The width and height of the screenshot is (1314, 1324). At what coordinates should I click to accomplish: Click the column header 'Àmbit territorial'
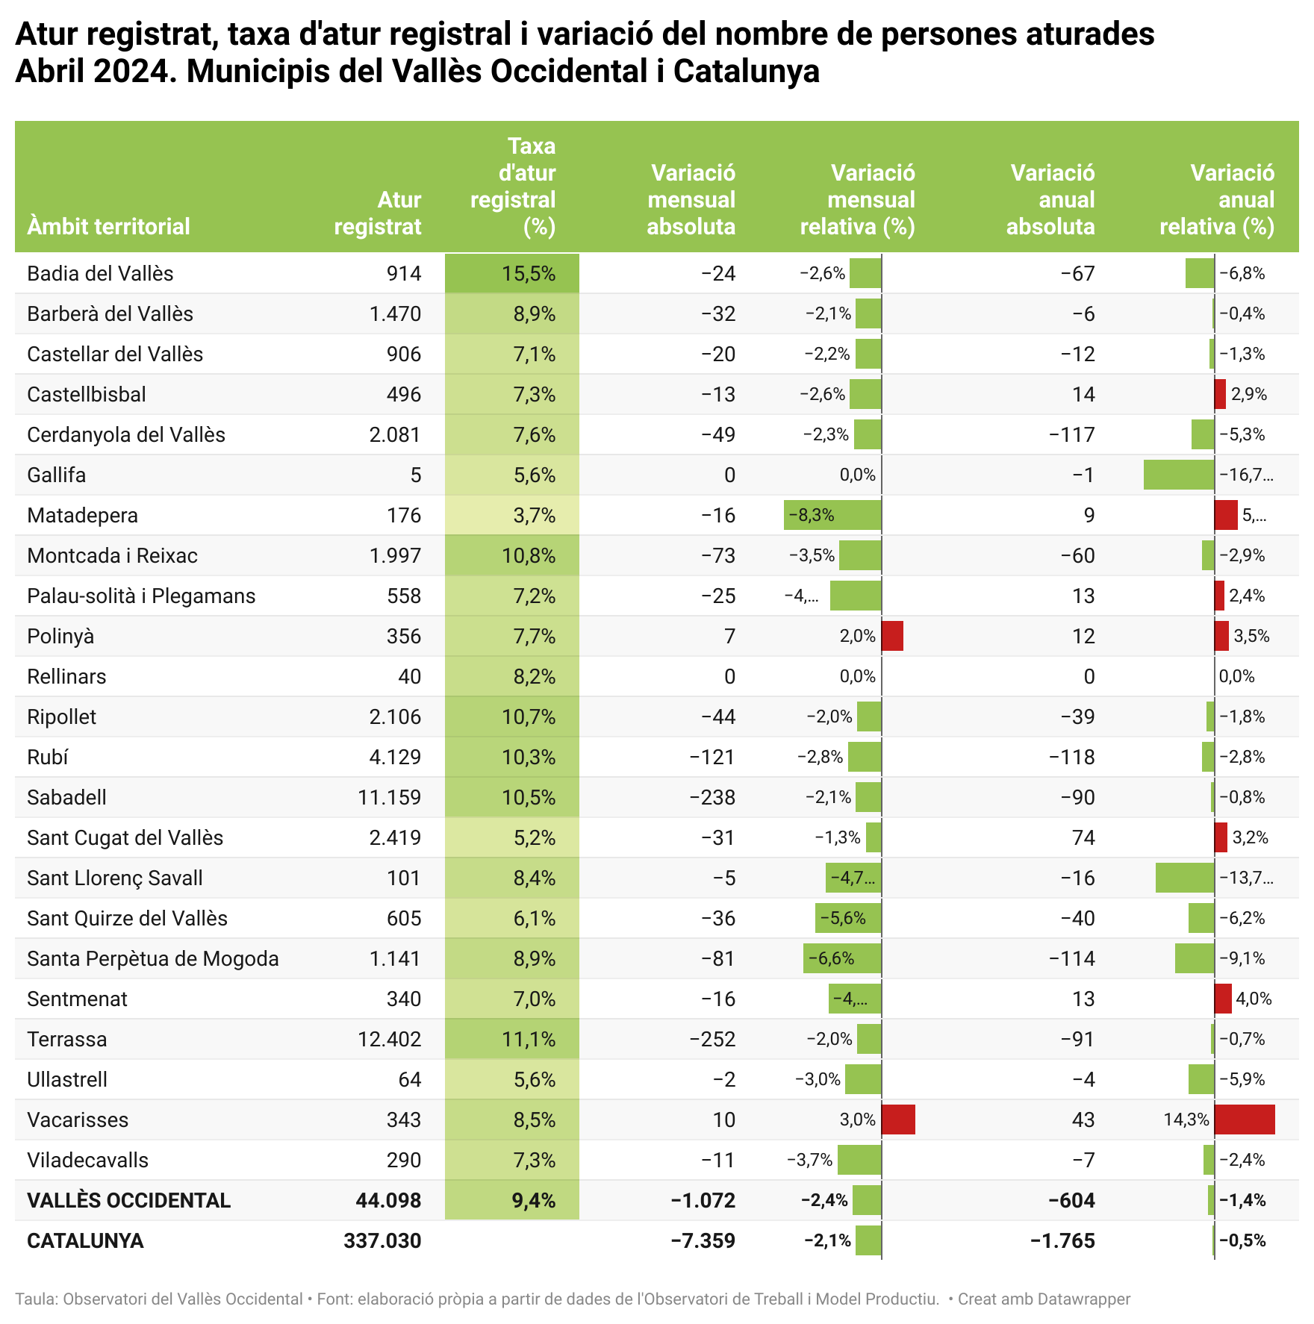click(109, 226)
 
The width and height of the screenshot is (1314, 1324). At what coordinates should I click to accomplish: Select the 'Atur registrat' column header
click(378, 213)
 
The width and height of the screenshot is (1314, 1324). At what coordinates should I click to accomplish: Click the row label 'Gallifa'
click(57, 475)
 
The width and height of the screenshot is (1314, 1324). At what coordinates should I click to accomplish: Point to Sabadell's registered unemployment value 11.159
click(389, 798)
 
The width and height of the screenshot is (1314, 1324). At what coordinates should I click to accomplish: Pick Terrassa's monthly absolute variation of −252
click(712, 1040)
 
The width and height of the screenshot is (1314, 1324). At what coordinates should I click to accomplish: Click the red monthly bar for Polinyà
click(892, 637)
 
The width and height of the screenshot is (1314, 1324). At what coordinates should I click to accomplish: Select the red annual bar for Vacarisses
click(1245, 1120)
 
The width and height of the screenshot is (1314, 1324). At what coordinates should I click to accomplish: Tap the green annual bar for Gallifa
click(1178, 475)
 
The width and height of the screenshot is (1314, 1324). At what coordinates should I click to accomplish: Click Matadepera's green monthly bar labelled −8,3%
click(832, 516)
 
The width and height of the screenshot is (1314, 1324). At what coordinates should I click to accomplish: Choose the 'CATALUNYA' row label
click(85, 1241)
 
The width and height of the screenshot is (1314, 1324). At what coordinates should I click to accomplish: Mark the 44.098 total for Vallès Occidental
click(388, 1201)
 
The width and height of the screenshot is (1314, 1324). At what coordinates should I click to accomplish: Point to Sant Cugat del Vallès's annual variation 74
click(1083, 838)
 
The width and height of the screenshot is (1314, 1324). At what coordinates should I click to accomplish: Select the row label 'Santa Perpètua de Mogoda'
click(153, 959)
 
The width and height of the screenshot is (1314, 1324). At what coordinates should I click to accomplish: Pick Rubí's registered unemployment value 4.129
click(395, 758)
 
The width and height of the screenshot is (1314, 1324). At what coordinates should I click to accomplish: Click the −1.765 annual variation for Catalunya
click(1062, 1241)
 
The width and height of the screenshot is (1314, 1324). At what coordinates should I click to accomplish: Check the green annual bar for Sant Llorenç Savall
click(1184, 878)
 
